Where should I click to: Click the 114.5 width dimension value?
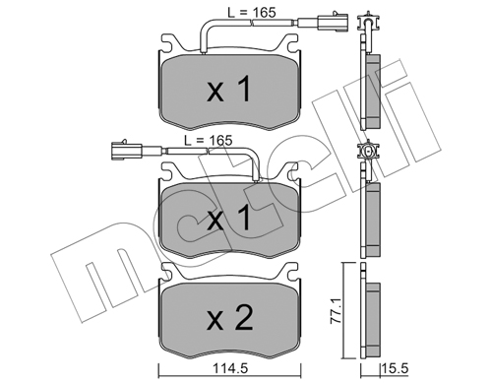tap(229, 368)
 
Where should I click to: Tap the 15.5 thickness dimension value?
tap(395, 368)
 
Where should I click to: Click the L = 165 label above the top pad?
tap(252, 13)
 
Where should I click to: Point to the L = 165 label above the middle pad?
tap(208, 140)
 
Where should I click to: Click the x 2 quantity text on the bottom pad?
tap(230, 317)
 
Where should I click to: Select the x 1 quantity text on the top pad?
tap(229, 89)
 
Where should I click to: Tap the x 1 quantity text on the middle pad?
tap(229, 218)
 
